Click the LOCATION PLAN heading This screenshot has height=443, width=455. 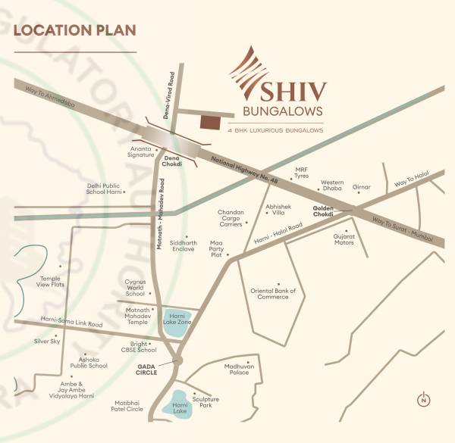[74, 31]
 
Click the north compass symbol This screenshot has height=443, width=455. [425, 400]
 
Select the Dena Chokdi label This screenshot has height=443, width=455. [172, 161]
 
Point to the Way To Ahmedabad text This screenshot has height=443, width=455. [51, 95]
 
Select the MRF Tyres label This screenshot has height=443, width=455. [301, 173]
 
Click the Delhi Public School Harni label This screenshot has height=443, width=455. [103, 189]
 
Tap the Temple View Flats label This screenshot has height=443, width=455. [54, 282]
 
